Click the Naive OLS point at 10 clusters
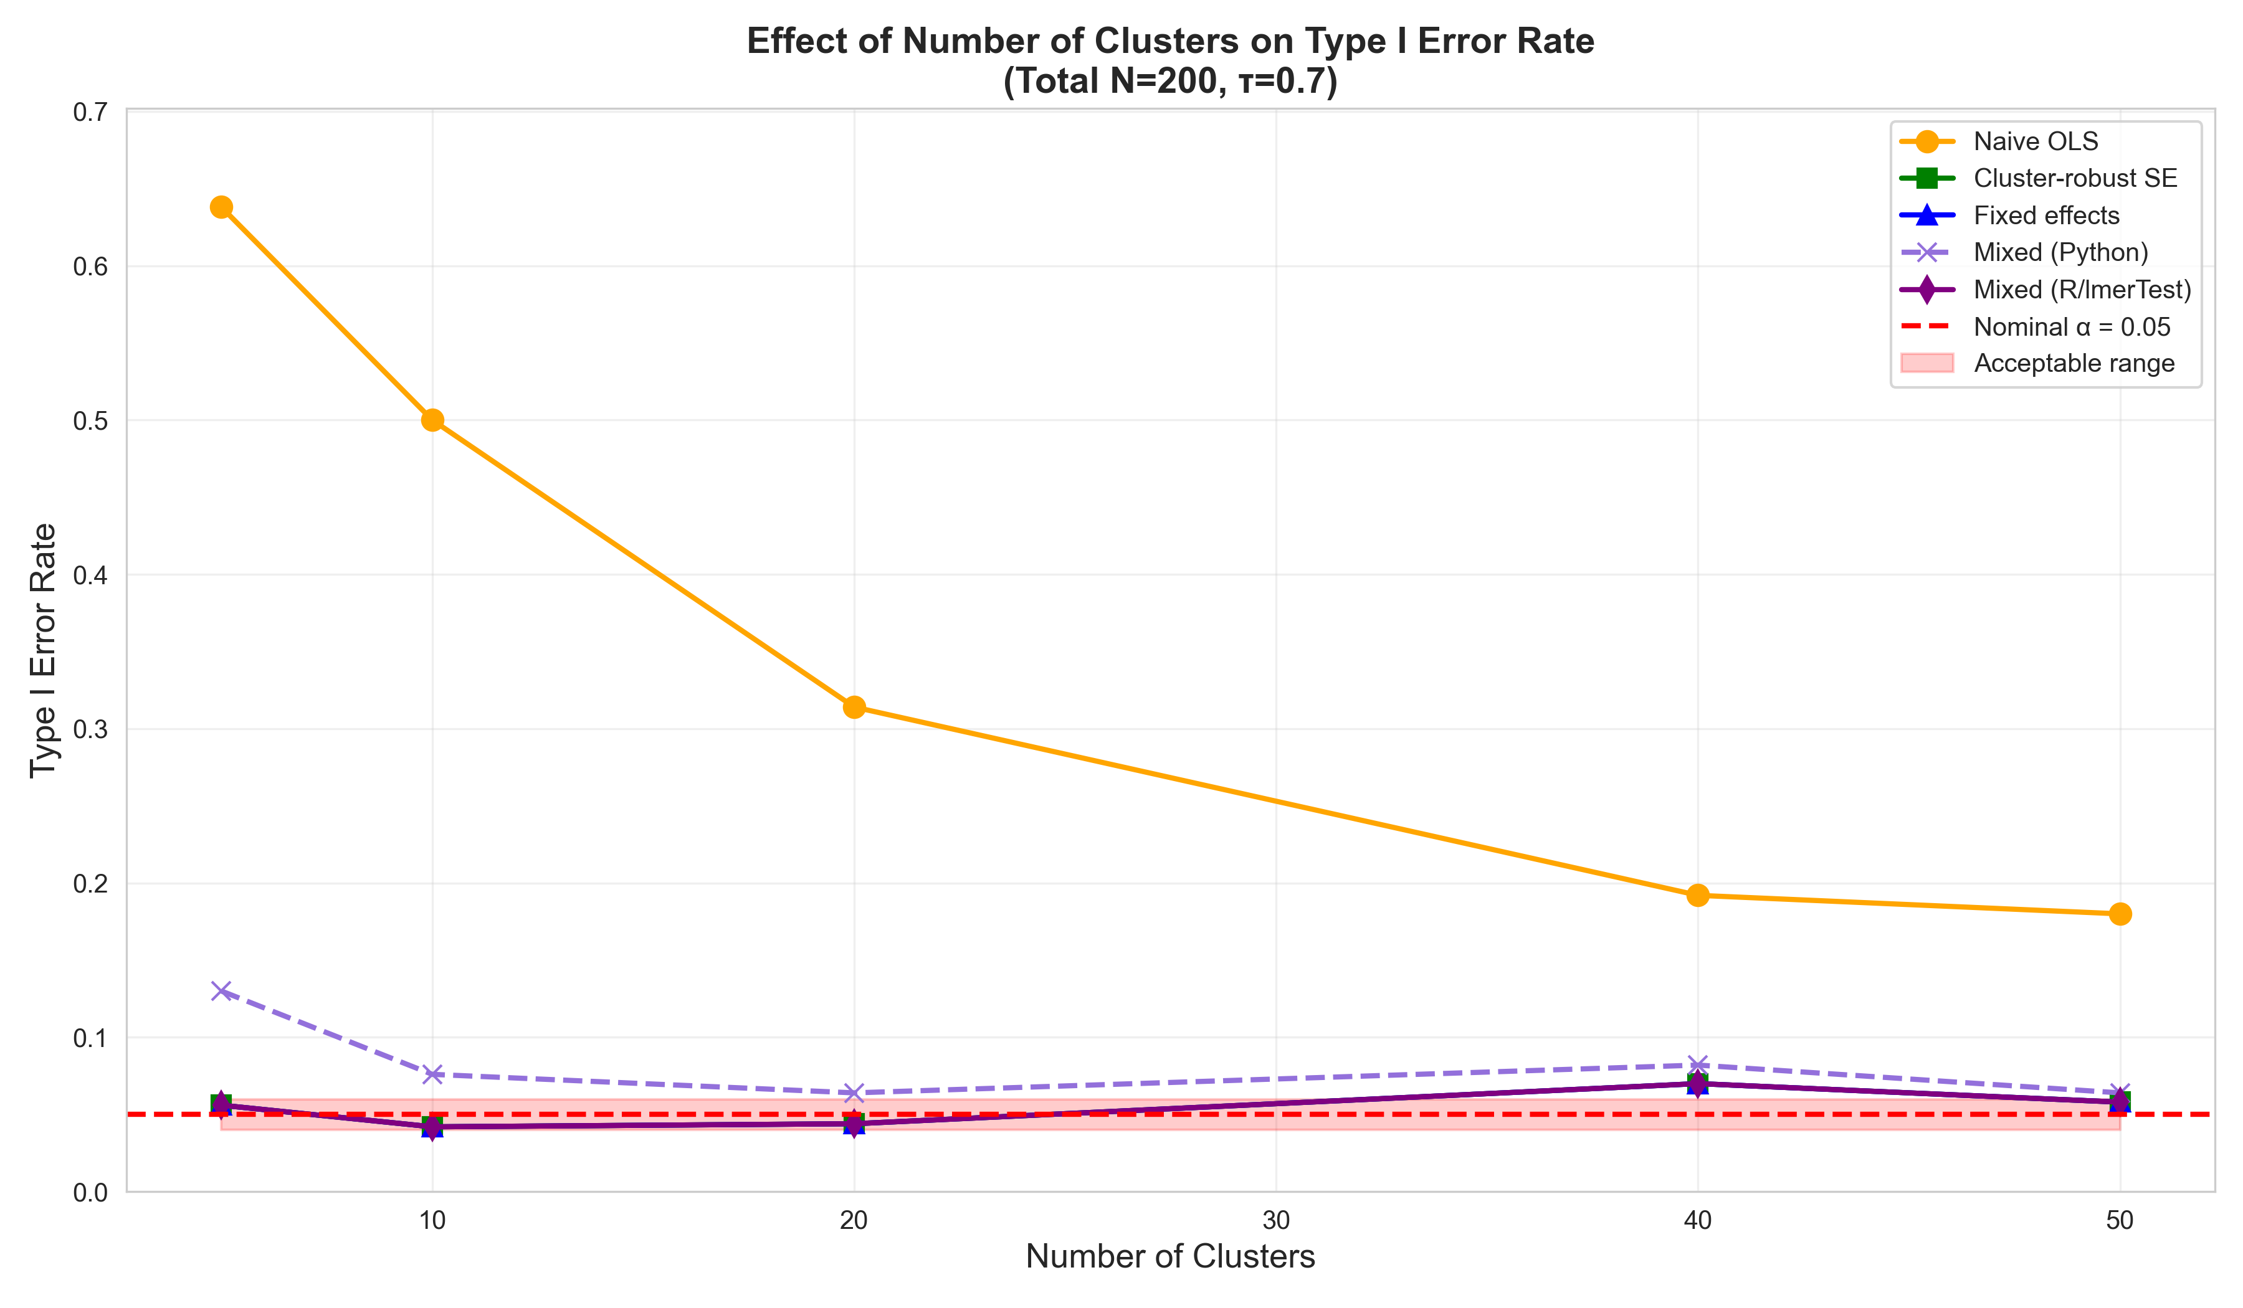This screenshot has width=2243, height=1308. (x=432, y=420)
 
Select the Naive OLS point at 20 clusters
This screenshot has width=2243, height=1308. (x=854, y=708)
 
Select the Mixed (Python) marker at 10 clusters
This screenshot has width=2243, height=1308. (x=432, y=1074)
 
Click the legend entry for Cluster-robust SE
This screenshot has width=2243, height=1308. (x=2075, y=178)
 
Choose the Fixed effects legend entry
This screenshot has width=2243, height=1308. (x=2046, y=216)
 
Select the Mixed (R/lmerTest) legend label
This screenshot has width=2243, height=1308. (x=2082, y=289)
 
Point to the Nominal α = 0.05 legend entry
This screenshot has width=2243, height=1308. (x=2071, y=326)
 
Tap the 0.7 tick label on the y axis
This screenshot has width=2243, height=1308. (x=90, y=112)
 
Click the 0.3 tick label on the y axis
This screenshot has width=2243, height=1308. (x=90, y=729)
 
